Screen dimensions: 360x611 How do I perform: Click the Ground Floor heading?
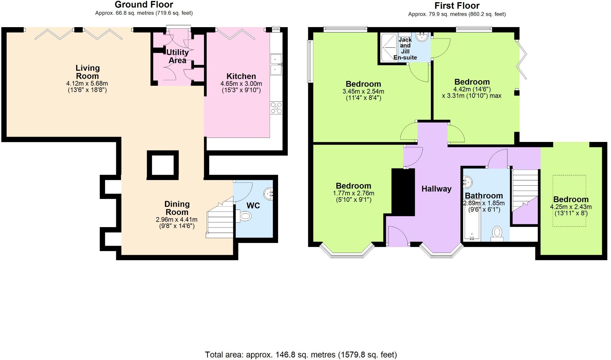click(144, 5)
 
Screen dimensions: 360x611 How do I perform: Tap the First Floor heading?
click(457, 6)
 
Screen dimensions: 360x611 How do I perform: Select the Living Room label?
click(88, 72)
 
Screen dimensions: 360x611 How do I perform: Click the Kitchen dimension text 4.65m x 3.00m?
click(241, 84)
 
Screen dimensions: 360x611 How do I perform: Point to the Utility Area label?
click(177, 56)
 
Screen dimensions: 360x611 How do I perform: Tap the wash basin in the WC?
click(269, 194)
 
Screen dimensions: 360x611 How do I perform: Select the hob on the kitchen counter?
click(276, 108)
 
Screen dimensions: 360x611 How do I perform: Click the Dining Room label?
click(177, 208)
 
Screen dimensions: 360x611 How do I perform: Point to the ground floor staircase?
click(220, 220)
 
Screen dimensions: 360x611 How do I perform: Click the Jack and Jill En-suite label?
click(405, 49)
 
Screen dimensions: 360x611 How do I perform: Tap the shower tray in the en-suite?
click(389, 47)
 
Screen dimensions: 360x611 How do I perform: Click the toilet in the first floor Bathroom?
click(497, 233)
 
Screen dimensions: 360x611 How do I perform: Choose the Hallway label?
click(436, 189)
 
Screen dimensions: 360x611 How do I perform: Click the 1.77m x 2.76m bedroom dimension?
click(354, 193)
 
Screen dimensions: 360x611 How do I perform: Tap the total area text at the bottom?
click(301, 355)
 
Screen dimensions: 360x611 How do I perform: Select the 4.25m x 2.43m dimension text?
click(570, 207)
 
